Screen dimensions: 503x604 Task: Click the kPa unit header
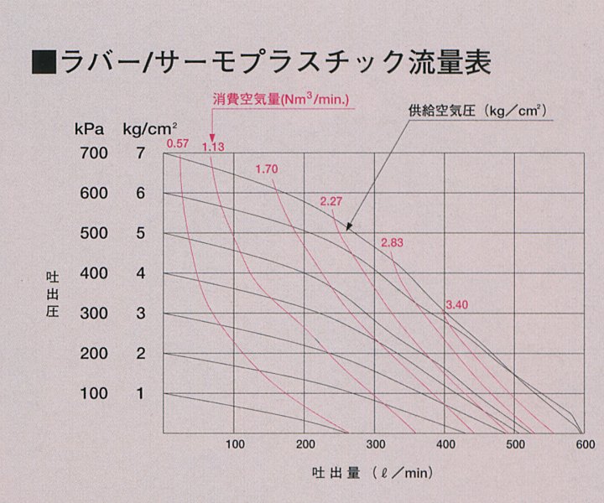coord(89,129)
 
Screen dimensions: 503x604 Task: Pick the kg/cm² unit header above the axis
coord(150,129)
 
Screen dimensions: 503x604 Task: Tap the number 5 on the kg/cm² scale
coord(140,233)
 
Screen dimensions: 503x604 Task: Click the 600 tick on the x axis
coord(585,443)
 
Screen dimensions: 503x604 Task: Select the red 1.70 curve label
coord(266,169)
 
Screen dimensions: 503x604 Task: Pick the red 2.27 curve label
coord(332,200)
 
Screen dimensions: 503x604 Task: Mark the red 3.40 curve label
coord(457,303)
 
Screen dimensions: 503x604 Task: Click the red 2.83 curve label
coord(393,242)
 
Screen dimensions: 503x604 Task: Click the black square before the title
coord(43,62)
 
